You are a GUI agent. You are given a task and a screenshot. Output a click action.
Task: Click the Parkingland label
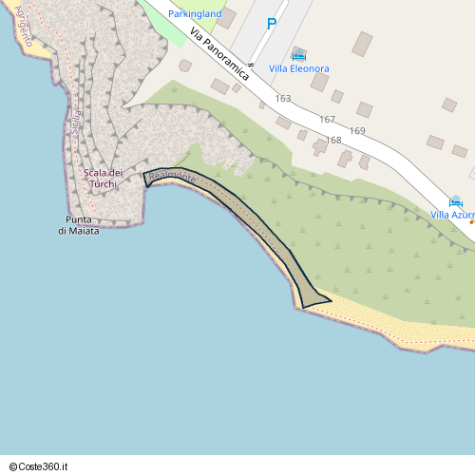[x=195, y=14]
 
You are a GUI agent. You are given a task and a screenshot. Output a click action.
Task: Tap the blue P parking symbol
[x=272, y=25]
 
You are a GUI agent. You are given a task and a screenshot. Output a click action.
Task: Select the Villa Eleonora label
[x=299, y=68]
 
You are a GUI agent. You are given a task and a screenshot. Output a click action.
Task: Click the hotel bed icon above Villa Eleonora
[x=299, y=55]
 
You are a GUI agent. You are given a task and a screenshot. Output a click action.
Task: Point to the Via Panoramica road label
[x=219, y=54]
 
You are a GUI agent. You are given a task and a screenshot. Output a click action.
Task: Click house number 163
[x=283, y=99]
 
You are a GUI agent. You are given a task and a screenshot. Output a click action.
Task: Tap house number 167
[x=328, y=120]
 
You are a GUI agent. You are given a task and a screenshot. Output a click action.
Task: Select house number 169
[x=357, y=131]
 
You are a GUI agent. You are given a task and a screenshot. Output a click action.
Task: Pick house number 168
[x=333, y=141]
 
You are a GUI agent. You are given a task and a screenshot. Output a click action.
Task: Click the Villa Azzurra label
[x=452, y=215]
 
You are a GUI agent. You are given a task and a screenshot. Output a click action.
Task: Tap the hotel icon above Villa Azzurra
[x=455, y=201]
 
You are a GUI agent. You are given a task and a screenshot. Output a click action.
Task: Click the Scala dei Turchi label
[x=104, y=178]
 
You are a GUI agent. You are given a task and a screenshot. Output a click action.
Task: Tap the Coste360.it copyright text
[x=41, y=466]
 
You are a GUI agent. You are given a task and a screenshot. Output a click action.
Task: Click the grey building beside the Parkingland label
[x=228, y=18]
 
